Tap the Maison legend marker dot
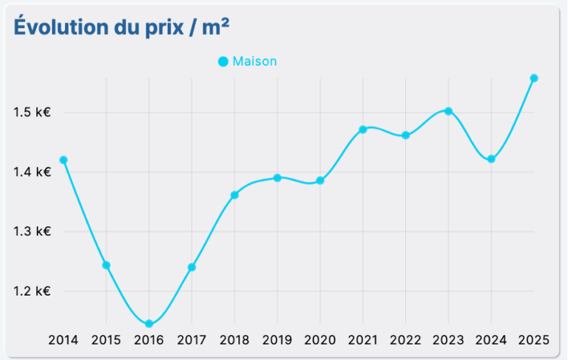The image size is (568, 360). click(223, 61)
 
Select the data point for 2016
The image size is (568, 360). click(149, 324)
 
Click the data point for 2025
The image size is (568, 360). click(534, 78)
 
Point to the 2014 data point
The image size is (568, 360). click(63, 160)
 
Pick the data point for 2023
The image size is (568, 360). click(448, 111)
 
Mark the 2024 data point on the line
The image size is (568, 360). click(491, 159)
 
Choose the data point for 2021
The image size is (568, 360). click(362, 129)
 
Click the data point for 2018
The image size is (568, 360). click(234, 195)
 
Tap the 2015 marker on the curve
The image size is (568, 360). click(106, 265)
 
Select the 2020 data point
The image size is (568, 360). click(320, 180)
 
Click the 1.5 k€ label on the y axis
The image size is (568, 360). click(32, 112)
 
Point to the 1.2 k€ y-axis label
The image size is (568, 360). click(32, 291)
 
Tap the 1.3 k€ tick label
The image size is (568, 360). click(32, 231)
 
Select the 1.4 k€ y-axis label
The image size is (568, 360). click(32, 172)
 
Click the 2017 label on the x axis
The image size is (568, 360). click(192, 340)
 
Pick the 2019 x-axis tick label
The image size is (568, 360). click(277, 340)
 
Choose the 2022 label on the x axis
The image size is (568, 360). click(405, 340)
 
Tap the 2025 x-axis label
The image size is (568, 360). click(534, 340)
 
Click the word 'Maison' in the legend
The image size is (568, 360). click(254, 61)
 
